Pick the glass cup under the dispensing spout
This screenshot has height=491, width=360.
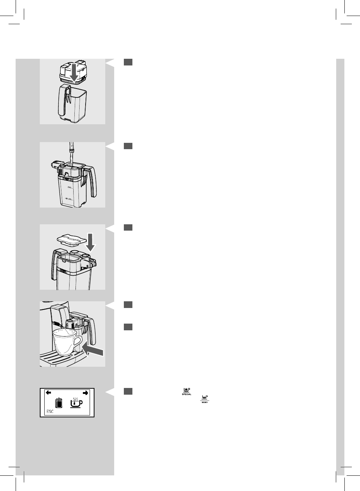(65, 342)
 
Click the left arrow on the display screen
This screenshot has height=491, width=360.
(48, 392)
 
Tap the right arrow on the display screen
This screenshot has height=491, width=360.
(86, 392)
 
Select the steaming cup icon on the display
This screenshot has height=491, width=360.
(76, 403)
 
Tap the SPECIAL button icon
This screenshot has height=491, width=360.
(186, 391)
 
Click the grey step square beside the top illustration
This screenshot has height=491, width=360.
(128, 62)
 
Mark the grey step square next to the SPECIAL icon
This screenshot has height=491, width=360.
(128, 391)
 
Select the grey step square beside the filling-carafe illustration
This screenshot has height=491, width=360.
(128, 146)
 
